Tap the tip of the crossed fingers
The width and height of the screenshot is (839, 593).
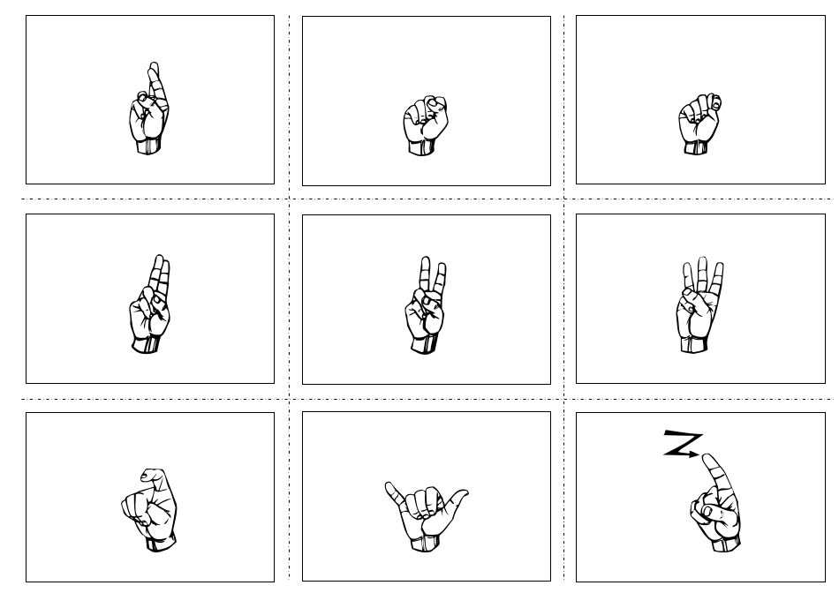[x=154, y=67]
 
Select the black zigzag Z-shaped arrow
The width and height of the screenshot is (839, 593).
[x=682, y=444]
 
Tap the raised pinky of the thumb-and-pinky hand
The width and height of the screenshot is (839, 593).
[x=389, y=488]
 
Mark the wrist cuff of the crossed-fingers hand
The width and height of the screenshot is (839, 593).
[x=149, y=146]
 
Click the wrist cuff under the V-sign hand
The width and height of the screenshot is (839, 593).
[x=425, y=345]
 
